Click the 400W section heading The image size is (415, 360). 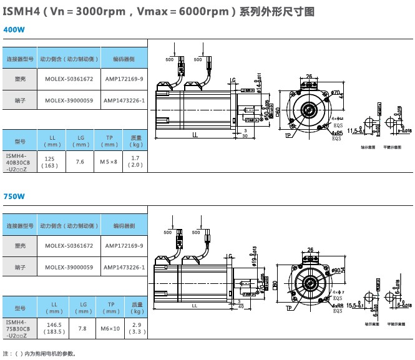[14, 29]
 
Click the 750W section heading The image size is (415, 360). [14, 196]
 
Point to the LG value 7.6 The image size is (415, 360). [81, 162]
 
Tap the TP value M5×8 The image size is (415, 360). [109, 162]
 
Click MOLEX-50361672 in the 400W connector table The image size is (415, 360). [69, 79]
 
